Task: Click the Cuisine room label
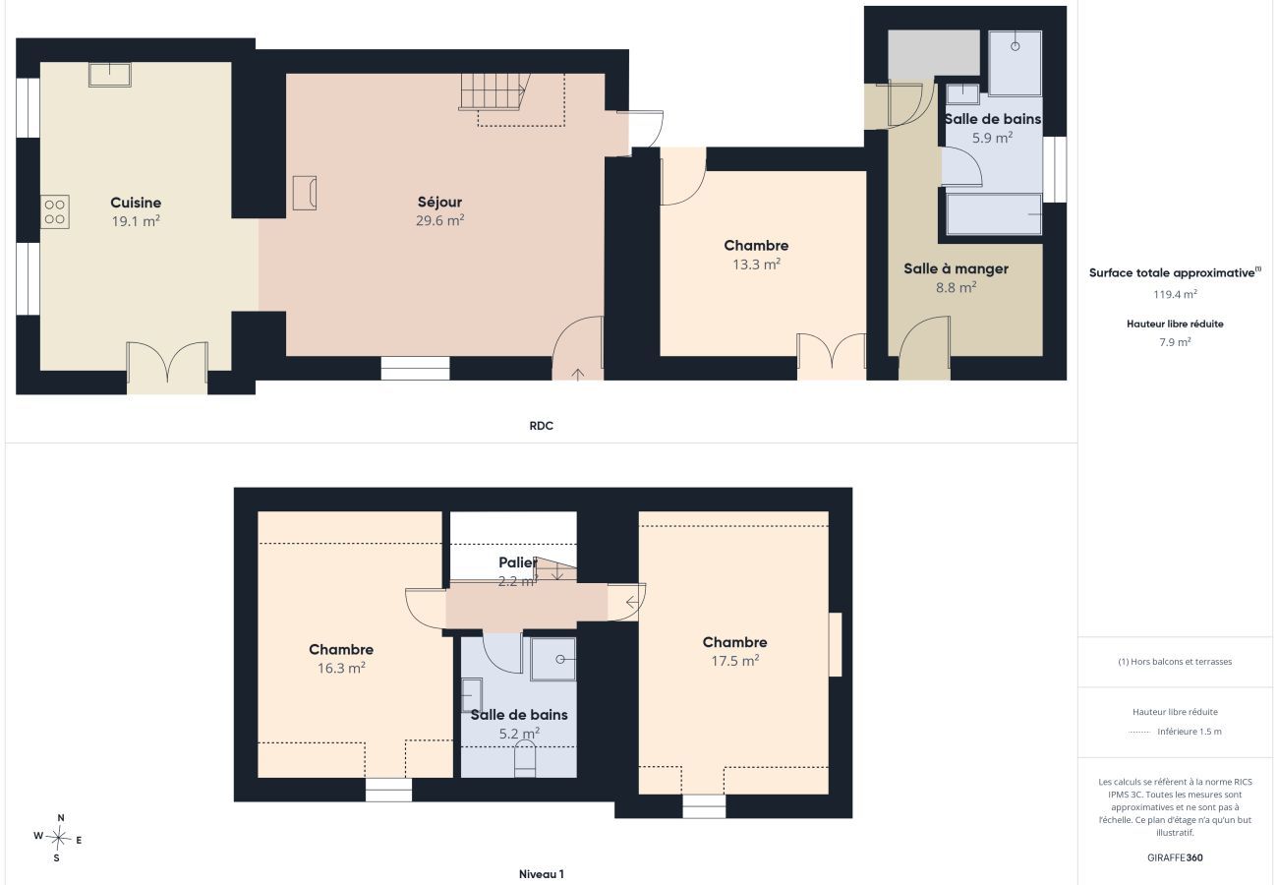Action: click(x=136, y=203)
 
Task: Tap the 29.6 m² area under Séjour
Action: click(x=439, y=220)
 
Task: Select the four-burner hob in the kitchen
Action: click(x=55, y=211)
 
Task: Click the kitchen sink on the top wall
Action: click(x=109, y=75)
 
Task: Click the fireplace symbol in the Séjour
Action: click(x=305, y=193)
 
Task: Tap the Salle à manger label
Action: click(x=957, y=268)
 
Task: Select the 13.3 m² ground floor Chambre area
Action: click(x=757, y=265)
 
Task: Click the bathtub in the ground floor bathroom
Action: click(x=994, y=214)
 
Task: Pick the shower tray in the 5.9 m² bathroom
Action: click(x=1015, y=63)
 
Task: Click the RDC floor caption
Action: click(x=541, y=426)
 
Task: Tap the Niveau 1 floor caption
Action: click(x=541, y=874)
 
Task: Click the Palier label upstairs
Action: click(x=518, y=562)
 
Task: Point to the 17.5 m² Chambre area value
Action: click(x=735, y=661)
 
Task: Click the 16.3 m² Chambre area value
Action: click(x=341, y=668)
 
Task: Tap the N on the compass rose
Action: click(x=61, y=818)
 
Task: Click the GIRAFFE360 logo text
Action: click(x=1175, y=857)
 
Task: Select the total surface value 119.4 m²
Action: click(x=1175, y=294)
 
